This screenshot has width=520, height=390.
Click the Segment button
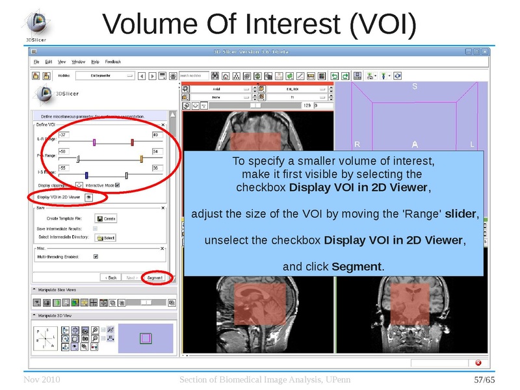(154, 278)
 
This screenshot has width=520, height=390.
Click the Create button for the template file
(105, 218)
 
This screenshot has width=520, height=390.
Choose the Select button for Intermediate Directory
(105, 238)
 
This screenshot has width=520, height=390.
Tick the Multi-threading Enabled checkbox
(96, 256)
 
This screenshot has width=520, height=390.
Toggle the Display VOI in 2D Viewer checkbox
(88, 196)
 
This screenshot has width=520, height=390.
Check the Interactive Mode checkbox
(117, 185)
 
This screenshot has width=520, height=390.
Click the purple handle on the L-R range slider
(94, 142)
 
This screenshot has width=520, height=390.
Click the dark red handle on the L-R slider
(132, 142)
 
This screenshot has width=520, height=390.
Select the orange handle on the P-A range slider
(141, 158)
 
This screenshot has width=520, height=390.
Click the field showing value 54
(157, 151)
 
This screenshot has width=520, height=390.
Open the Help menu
(95, 62)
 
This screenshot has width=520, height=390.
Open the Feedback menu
(113, 62)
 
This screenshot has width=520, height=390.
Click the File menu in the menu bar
(37, 62)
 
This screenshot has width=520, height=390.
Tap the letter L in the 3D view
(472, 144)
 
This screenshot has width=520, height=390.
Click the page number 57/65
(484, 379)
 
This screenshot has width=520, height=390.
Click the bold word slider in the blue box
(460, 214)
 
